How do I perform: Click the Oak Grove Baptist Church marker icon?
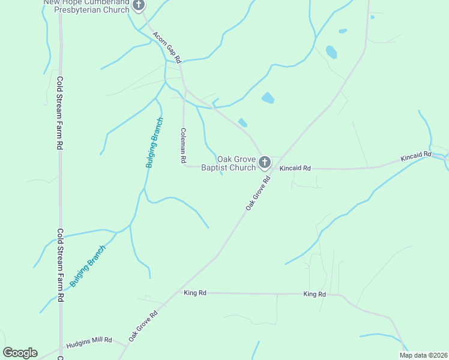(x=265, y=162)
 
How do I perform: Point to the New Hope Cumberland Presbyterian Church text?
(x=86, y=6)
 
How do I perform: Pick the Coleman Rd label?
(x=183, y=146)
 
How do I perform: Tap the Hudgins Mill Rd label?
(x=89, y=340)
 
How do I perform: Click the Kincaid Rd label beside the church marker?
(x=295, y=169)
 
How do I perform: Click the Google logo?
(x=20, y=353)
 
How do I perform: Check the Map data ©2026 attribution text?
(x=423, y=355)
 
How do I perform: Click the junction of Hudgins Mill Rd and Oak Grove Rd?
(x=127, y=344)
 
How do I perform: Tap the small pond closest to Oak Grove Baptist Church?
(x=243, y=122)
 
